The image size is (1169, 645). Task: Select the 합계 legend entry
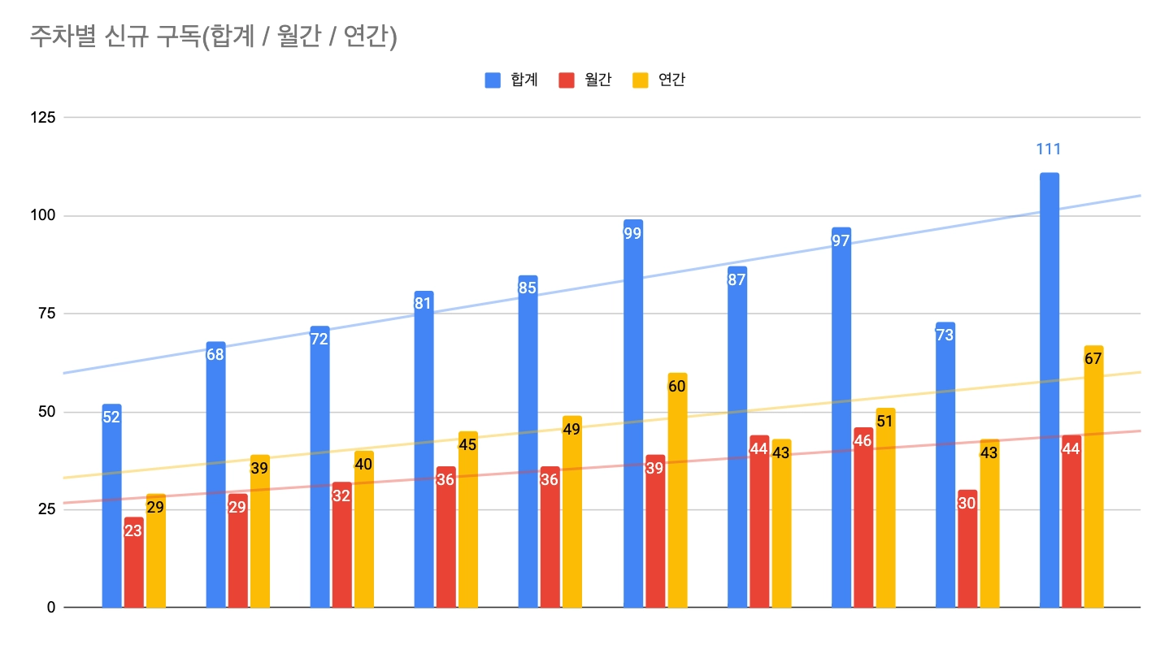511,80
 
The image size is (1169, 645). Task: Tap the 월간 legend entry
585,80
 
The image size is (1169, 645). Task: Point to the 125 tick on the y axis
44,118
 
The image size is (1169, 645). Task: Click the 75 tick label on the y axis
48,314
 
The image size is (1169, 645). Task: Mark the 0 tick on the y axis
51,608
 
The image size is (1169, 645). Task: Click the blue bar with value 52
111,520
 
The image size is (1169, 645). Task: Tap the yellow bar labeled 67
1093,487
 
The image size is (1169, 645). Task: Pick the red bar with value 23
133,569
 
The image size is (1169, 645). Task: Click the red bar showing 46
863,528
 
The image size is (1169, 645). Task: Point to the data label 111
1049,149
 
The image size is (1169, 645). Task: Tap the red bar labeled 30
967,561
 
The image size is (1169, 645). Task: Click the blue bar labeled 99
632,422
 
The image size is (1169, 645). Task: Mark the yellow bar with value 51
885,520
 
